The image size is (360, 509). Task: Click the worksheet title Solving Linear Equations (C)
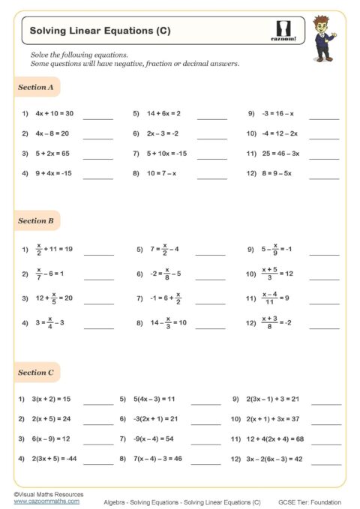[100, 31]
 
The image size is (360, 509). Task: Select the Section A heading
[35, 88]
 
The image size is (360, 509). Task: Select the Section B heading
[36, 221]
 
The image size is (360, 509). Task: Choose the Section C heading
[36, 373]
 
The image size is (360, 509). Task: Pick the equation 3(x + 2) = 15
[50, 399]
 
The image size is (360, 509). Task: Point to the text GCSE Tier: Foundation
[310, 502]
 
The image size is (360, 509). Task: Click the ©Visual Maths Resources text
[49, 494]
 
